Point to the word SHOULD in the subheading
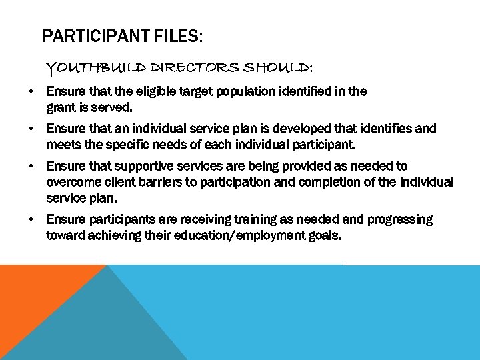click(x=277, y=68)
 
